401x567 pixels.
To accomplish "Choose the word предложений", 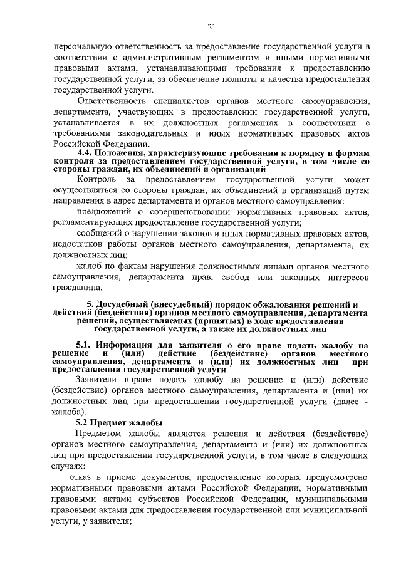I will (x=104, y=212).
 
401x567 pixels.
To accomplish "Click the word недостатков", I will (x=83, y=244).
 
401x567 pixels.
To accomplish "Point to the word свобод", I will (x=247, y=276).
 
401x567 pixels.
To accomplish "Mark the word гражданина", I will (x=78, y=288).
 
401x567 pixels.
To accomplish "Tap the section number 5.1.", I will (x=85, y=345).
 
